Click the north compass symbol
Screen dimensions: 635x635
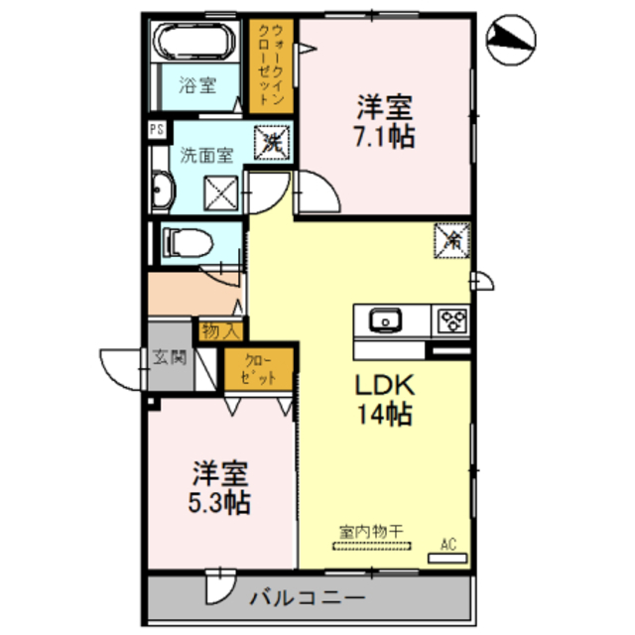[512, 39]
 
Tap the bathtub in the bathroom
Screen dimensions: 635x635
[193, 43]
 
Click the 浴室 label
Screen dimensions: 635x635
[197, 85]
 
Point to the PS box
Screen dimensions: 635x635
[156, 129]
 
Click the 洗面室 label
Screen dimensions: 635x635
[206, 155]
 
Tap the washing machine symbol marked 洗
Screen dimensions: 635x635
[271, 143]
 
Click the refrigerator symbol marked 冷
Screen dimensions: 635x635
[451, 239]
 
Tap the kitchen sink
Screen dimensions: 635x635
[384, 320]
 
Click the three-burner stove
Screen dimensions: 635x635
[451, 320]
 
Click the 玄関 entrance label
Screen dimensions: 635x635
[170, 356]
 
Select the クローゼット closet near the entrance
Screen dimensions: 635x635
[258, 369]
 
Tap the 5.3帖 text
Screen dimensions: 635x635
[220, 501]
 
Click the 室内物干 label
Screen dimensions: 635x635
[366, 533]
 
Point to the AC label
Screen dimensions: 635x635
[447, 543]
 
